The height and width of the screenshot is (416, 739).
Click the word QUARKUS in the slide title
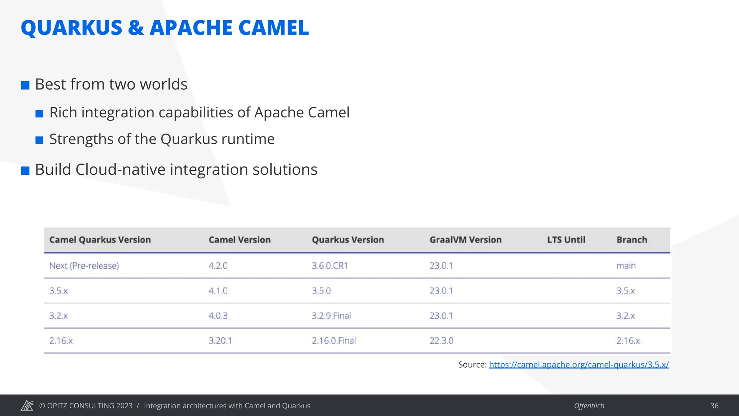point(71,28)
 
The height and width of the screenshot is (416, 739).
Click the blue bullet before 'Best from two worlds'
point(25,86)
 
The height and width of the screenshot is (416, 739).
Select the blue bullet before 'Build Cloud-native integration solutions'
point(25,170)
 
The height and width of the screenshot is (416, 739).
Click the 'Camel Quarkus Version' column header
point(100,240)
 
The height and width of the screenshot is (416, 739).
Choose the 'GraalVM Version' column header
point(465,240)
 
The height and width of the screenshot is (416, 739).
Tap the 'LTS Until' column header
point(566,240)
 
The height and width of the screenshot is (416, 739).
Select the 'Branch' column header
point(632,240)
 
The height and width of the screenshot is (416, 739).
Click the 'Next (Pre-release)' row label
point(84,266)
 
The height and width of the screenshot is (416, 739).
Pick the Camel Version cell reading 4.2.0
point(218,266)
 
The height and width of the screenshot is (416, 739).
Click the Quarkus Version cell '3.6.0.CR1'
point(330,266)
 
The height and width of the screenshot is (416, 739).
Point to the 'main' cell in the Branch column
point(626,266)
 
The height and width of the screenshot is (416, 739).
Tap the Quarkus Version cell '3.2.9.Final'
point(331,316)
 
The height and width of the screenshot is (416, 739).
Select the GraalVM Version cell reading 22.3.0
point(441,341)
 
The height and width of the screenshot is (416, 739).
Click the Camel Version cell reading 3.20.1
point(220,341)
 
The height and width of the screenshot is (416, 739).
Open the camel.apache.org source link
point(579,365)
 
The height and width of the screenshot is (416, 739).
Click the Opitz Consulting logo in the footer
point(27,406)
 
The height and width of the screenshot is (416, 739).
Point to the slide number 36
point(714,406)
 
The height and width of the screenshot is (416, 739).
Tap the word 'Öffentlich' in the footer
point(589,406)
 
